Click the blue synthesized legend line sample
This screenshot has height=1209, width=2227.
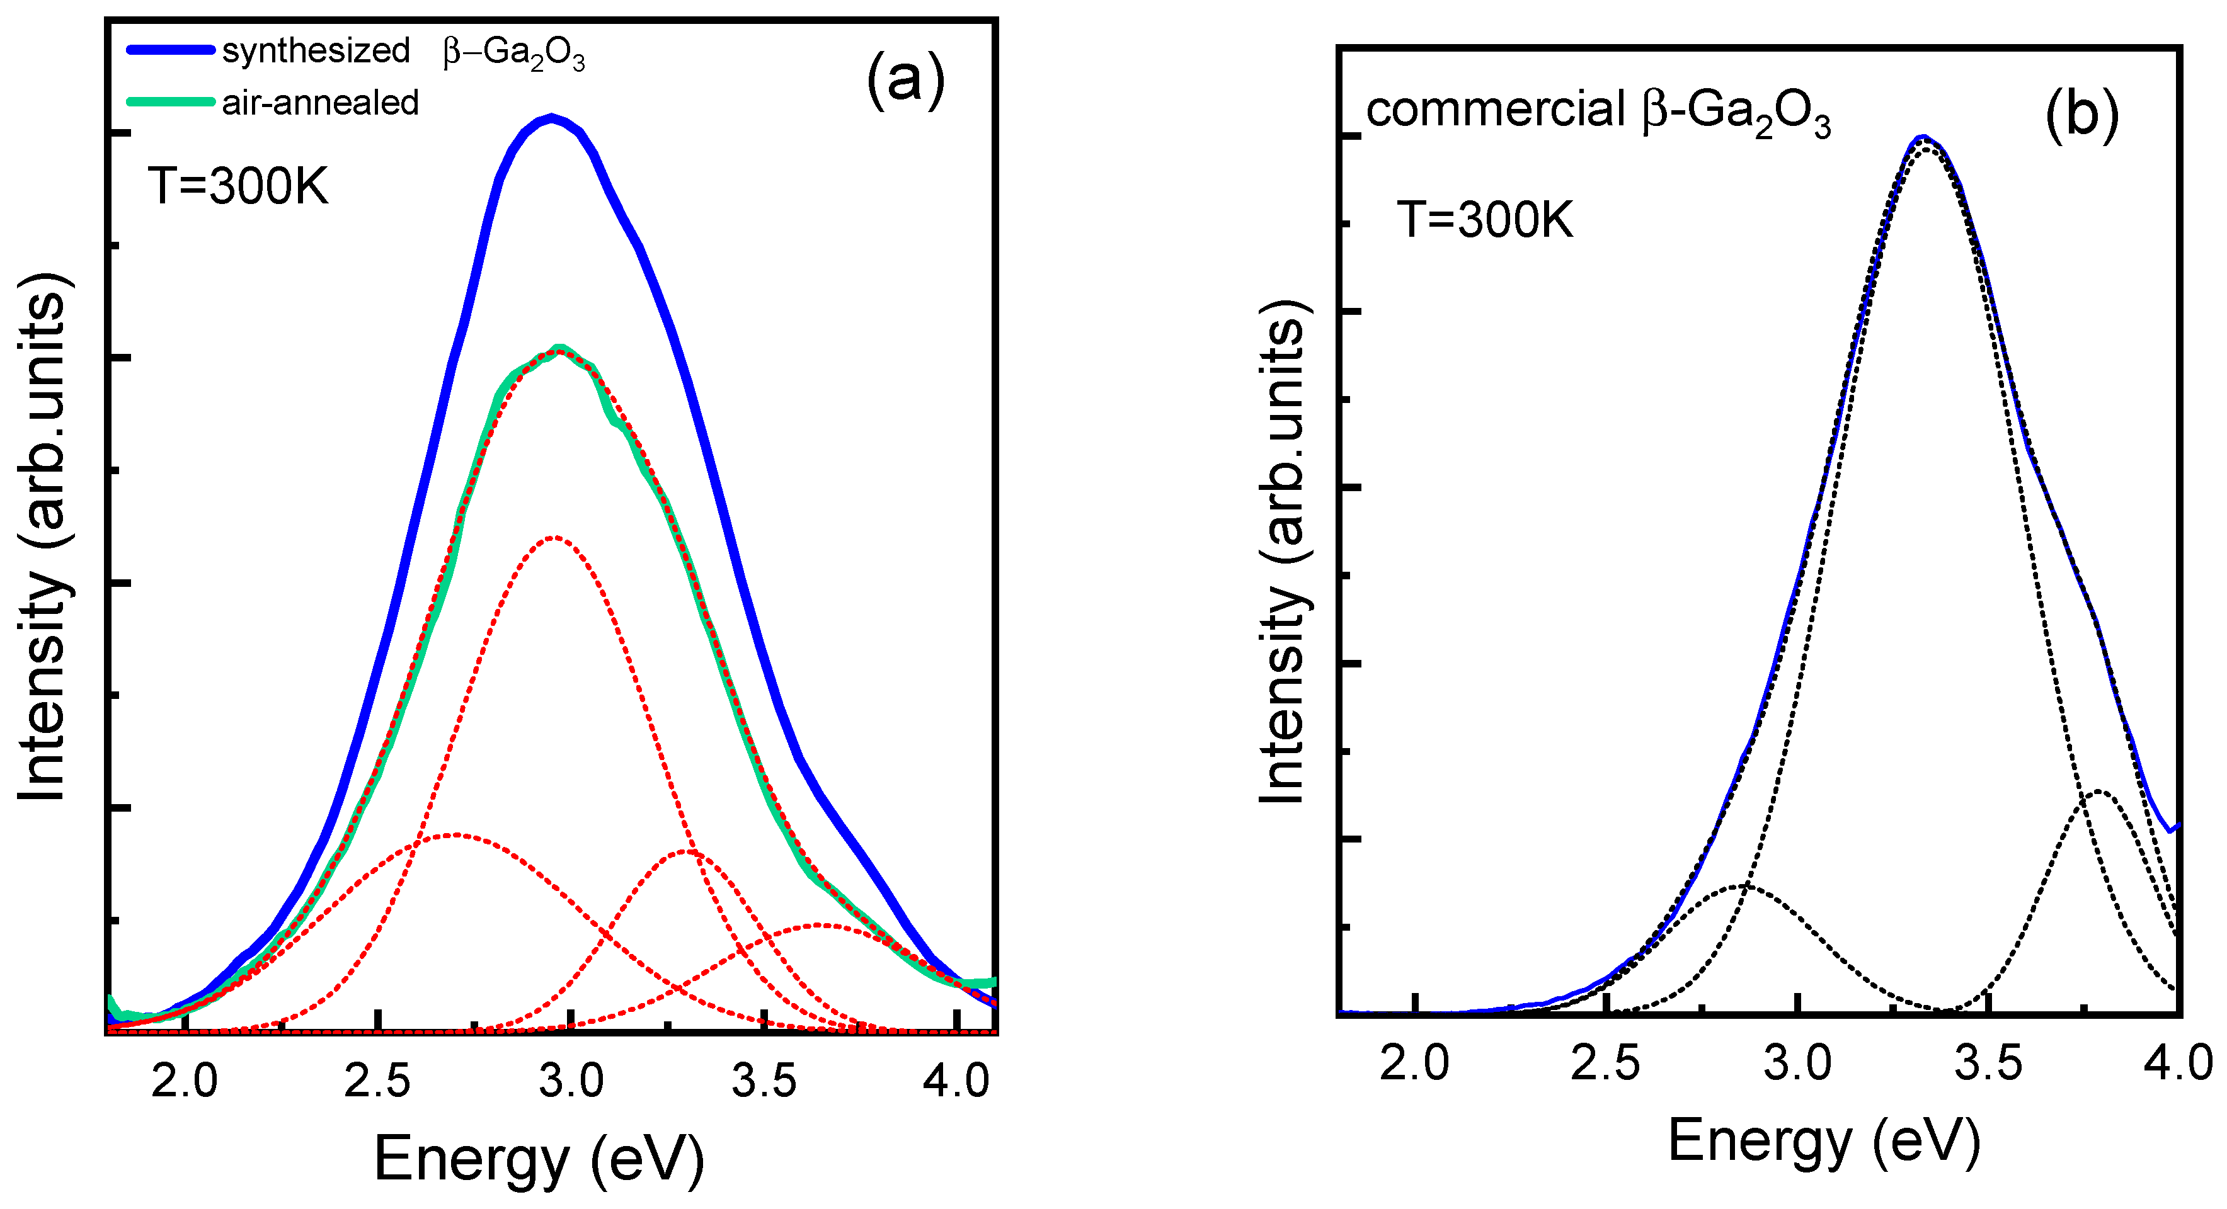pos(170,50)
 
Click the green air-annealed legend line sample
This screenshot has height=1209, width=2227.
pos(170,102)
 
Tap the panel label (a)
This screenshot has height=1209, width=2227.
pos(905,81)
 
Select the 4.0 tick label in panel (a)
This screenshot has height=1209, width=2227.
pos(955,1081)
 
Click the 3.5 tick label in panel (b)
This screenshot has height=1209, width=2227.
pos(1988,1062)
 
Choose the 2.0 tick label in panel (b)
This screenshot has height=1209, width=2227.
pos(1414,1062)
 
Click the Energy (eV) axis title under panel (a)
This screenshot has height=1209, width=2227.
pos(539,1159)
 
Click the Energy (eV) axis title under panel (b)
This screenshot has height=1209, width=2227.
pos(1824,1141)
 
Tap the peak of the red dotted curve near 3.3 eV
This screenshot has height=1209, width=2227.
pos(688,851)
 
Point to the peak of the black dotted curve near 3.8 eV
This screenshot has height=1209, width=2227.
pos(2097,792)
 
